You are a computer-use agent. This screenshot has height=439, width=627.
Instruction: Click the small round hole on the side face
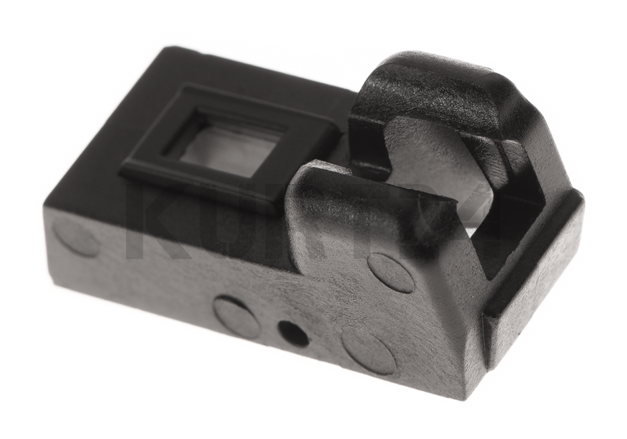(x=293, y=333)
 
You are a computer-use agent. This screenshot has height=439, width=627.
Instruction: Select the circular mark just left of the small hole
(x=237, y=316)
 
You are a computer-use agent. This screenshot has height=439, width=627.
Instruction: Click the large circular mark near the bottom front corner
(x=369, y=350)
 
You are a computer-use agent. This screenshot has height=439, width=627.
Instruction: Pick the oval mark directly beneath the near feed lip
(x=391, y=272)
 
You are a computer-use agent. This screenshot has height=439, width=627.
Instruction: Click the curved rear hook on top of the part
(x=431, y=88)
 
